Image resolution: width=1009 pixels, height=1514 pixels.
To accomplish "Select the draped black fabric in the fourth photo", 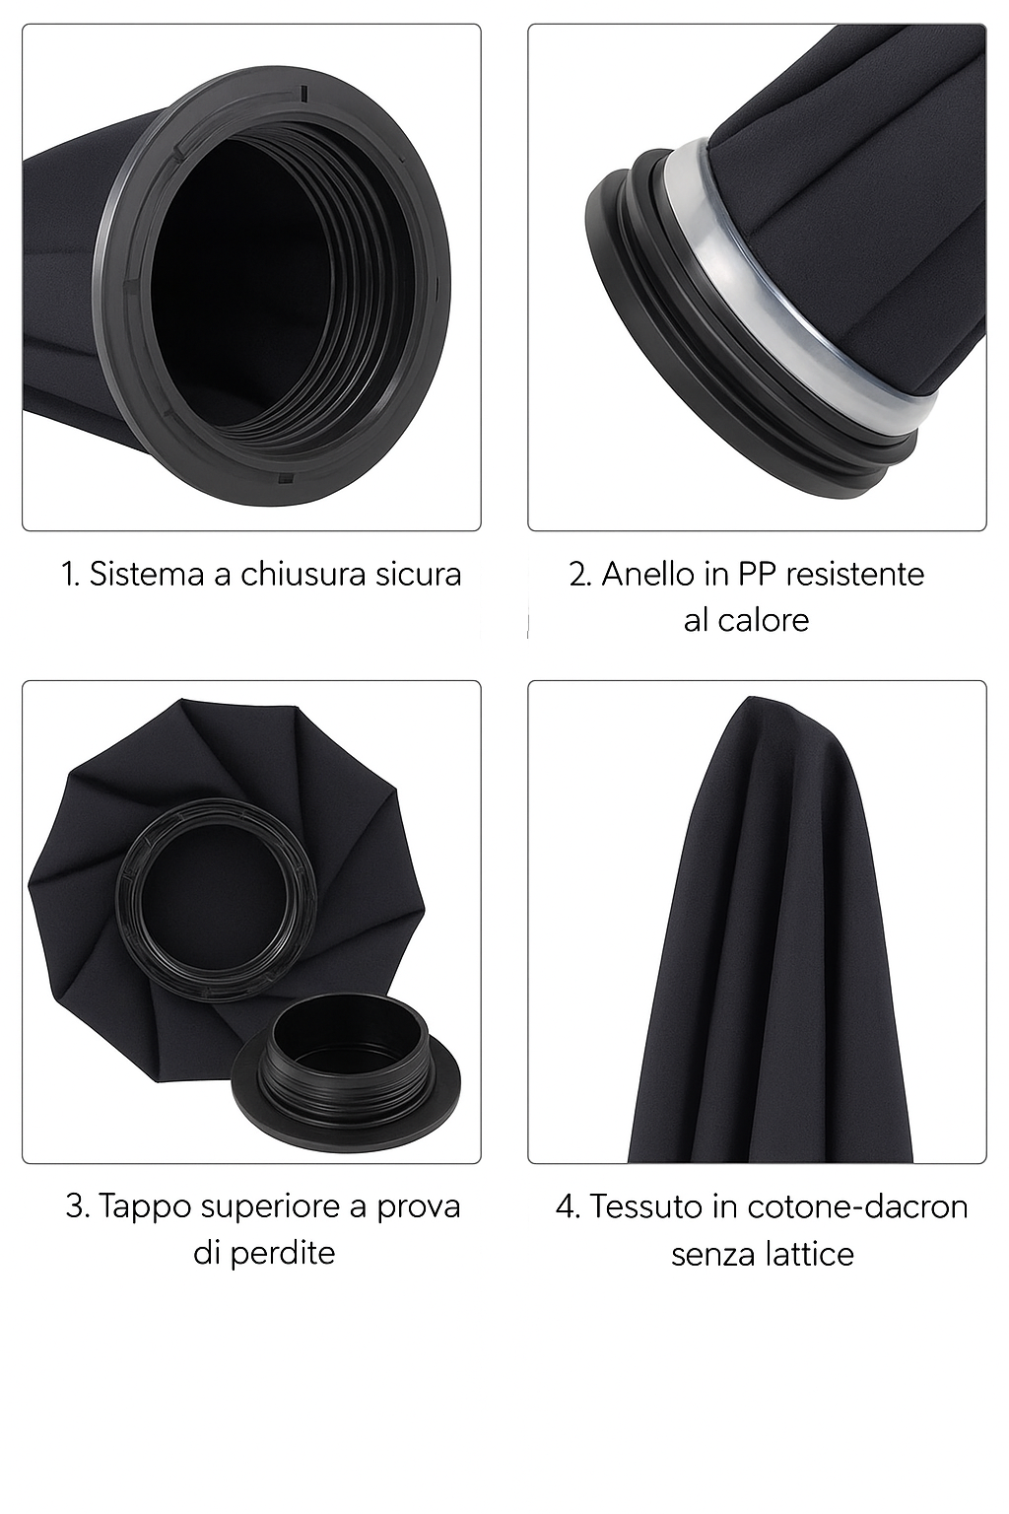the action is pyautogui.click(x=771, y=932).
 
